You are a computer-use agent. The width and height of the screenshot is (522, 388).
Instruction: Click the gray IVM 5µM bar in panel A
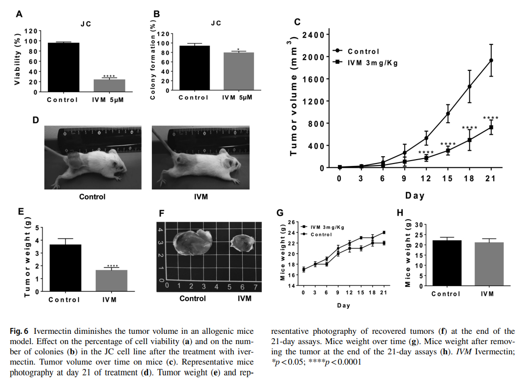(x=109, y=85)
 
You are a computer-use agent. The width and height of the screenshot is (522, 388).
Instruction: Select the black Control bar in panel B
(x=195, y=68)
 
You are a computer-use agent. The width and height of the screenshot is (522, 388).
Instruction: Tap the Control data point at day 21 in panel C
(x=491, y=61)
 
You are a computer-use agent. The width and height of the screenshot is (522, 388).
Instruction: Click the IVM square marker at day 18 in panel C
(x=470, y=140)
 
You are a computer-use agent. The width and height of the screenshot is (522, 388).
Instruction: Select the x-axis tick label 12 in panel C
(x=426, y=179)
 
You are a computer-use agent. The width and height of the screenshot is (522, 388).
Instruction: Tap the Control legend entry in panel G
(x=321, y=234)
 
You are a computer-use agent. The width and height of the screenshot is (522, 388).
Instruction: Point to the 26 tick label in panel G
(x=292, y=222)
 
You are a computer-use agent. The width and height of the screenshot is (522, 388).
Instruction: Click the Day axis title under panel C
(x=415, y=196)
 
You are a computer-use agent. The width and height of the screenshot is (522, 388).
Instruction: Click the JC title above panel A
(x=86, y=23)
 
